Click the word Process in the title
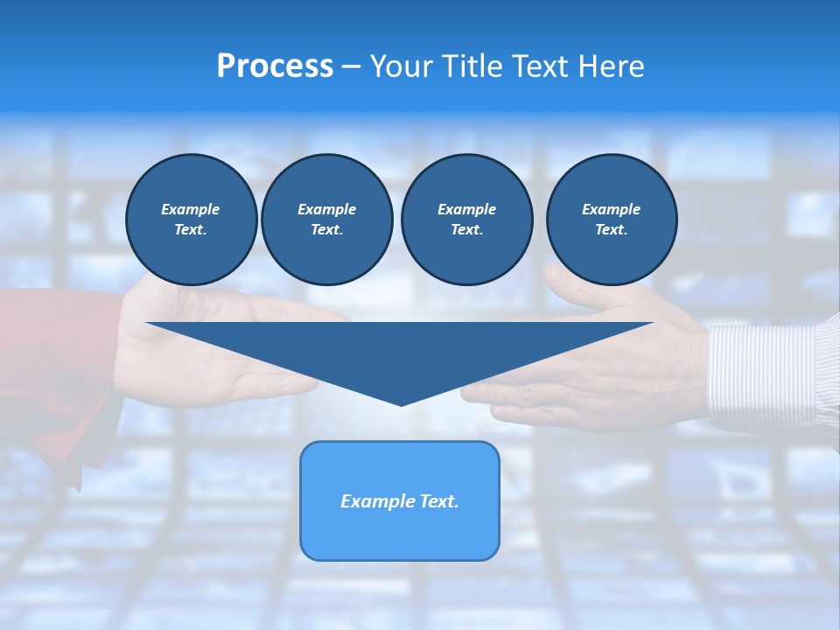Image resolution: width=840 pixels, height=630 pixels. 275,66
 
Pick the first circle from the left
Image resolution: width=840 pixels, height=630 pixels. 191,220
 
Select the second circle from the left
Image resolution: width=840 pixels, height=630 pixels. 326,220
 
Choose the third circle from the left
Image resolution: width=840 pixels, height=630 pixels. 466,220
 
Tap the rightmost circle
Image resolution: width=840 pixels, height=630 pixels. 612,220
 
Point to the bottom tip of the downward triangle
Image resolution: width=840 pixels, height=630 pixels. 401,404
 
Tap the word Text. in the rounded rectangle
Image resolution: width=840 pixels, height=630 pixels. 438,501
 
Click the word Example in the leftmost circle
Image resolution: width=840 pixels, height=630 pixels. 191,209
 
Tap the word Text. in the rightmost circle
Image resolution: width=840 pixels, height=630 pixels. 612,230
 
